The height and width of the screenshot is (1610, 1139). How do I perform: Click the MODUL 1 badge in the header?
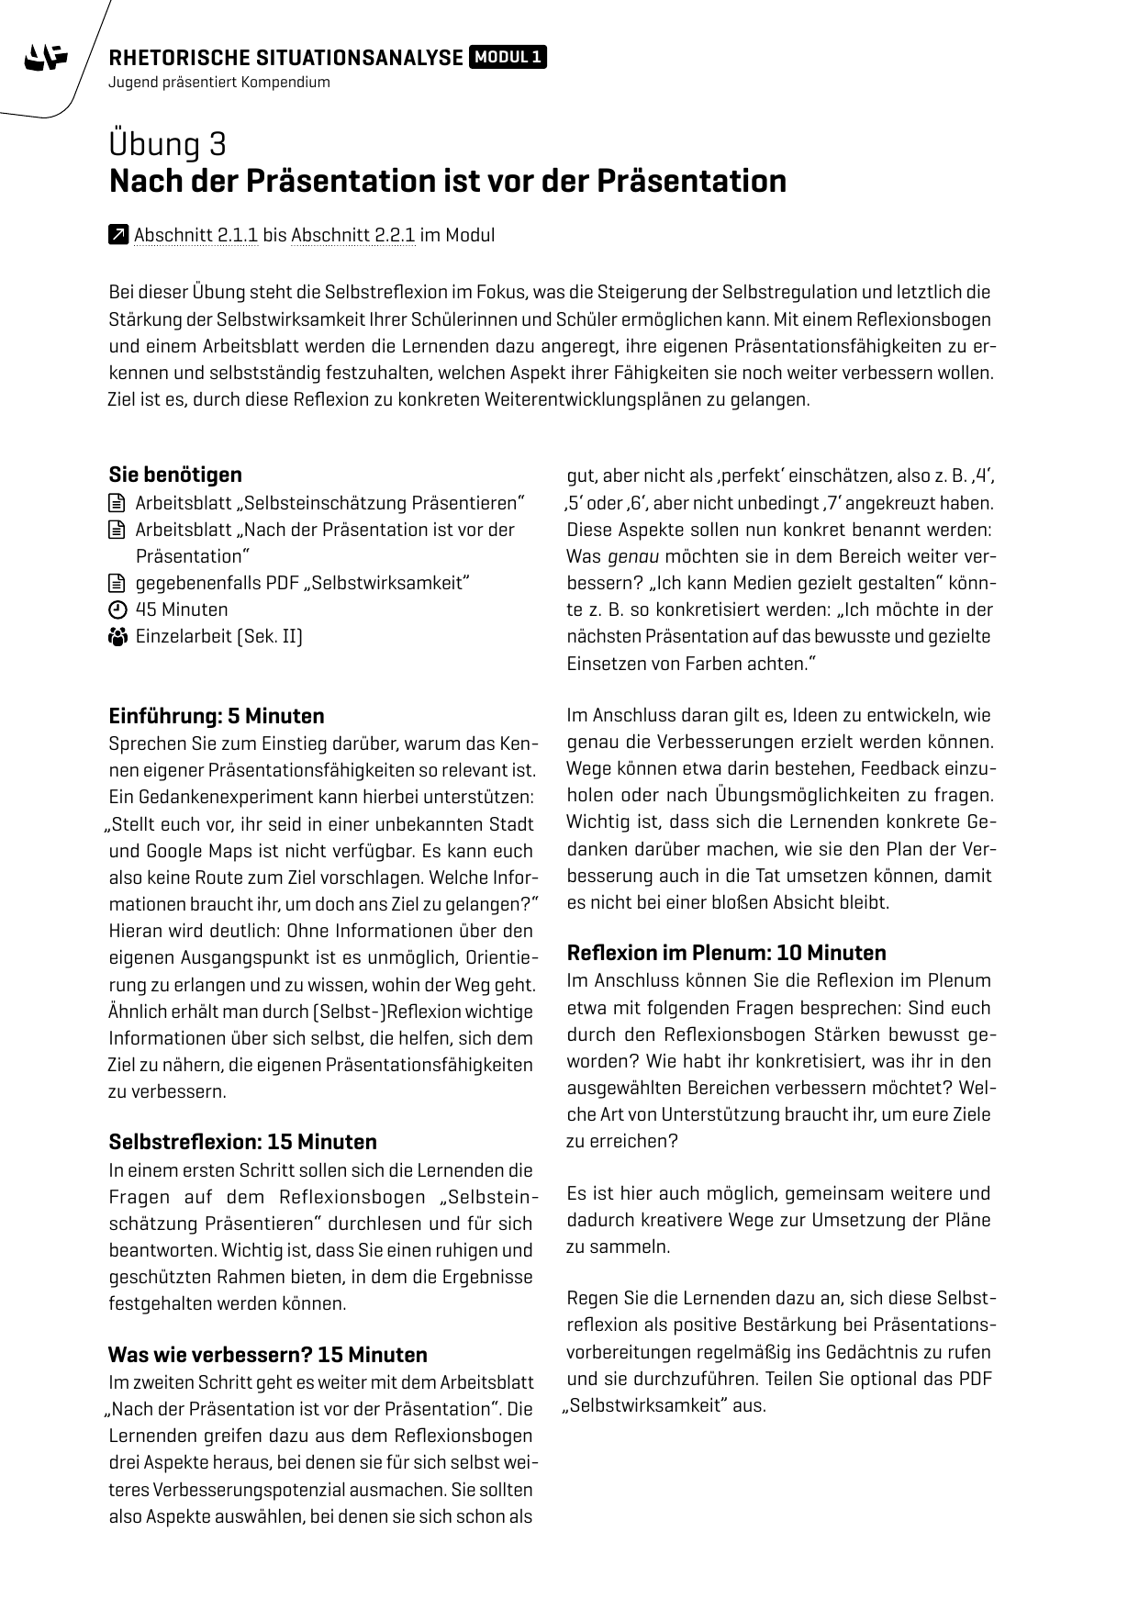508,58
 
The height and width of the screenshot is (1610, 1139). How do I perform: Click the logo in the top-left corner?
47,58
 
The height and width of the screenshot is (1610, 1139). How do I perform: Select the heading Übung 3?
168,145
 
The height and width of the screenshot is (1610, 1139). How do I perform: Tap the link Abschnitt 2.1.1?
195,235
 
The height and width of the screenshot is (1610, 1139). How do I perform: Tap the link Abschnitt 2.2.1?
353,235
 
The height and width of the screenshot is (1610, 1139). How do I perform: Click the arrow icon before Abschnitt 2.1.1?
117,235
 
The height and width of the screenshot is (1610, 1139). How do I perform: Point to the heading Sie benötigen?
175,475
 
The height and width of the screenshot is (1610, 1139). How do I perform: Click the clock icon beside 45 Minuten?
117,610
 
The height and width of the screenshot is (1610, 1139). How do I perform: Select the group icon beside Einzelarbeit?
117,637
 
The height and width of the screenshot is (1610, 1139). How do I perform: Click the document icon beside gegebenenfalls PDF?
117,584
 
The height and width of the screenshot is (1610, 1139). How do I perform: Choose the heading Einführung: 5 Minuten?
217,716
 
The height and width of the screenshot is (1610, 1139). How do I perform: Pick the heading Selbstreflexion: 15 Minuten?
242,1142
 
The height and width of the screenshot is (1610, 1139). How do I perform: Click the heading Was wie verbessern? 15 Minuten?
268,1355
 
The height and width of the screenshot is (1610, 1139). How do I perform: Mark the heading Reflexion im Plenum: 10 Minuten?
727,953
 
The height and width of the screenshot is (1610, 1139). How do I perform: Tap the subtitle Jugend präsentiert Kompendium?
218,83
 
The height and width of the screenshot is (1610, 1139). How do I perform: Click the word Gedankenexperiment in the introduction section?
221,797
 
